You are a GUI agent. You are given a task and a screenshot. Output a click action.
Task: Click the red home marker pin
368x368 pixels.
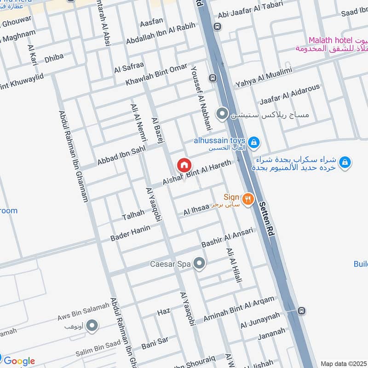(184, 165)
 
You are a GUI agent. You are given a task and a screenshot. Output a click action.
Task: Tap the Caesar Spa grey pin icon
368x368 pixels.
(199, 264)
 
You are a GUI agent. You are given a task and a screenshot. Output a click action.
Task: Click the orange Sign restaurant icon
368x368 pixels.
(248, 199)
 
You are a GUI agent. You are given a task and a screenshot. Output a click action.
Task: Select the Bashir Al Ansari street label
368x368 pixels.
(227, 237)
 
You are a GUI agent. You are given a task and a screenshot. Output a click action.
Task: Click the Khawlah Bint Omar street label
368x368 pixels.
(157, 75)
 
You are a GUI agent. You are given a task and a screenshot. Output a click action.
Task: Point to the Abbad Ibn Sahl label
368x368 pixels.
(121, 155)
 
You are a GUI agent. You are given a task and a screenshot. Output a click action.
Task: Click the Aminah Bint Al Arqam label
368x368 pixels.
(238, 309)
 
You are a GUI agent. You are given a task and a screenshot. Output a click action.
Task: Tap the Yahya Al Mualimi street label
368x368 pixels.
(264, 77)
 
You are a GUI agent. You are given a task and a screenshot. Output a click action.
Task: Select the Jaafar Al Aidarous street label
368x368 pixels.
(290, 94)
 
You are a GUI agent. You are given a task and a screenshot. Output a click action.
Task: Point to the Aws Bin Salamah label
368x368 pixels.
(84, 311)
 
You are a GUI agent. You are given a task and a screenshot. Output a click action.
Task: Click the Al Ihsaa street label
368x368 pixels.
(196, 209)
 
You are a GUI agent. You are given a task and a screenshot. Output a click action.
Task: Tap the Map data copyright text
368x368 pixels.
(344, 364)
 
